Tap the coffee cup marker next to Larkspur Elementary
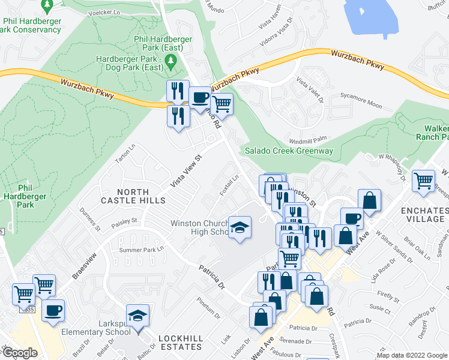click(53, 311)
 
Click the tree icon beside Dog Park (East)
click(170, 60)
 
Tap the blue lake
click(372, 18)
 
